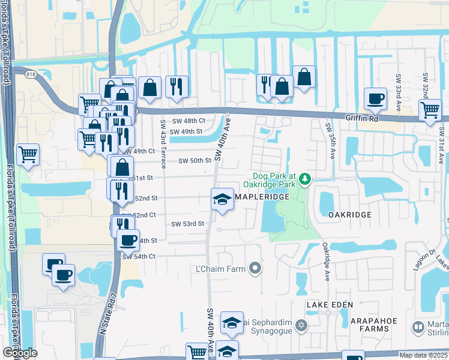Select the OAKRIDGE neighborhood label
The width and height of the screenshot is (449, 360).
[350, 214]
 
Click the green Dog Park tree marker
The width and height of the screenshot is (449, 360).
[306, 179]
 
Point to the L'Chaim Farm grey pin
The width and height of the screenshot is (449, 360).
[256, 268]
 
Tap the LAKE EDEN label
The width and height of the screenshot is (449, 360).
[328, 305]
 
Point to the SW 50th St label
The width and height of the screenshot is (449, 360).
[195, 160]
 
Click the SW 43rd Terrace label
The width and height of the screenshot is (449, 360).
[163, 139]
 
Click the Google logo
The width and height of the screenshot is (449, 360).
[20, 353]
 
